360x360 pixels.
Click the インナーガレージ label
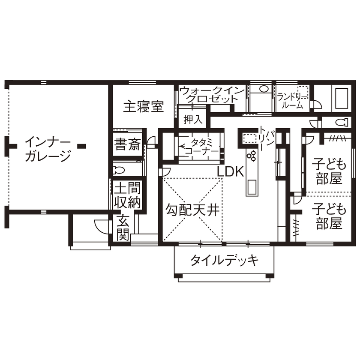point(47,149)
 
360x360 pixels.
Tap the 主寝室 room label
point(144,106)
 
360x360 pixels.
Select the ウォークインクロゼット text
point(212,94)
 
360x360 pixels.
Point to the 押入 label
point(192,119)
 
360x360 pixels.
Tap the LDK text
point(230,172)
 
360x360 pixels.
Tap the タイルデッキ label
point(224,260)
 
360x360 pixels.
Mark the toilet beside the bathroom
point(342,122)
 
